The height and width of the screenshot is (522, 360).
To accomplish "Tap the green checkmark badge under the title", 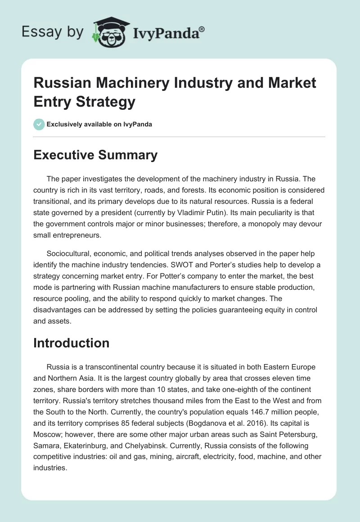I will click(39, 124).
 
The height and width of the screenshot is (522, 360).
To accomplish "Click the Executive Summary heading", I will click(95, 155).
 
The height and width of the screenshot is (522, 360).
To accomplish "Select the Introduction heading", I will click(72, 343).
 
